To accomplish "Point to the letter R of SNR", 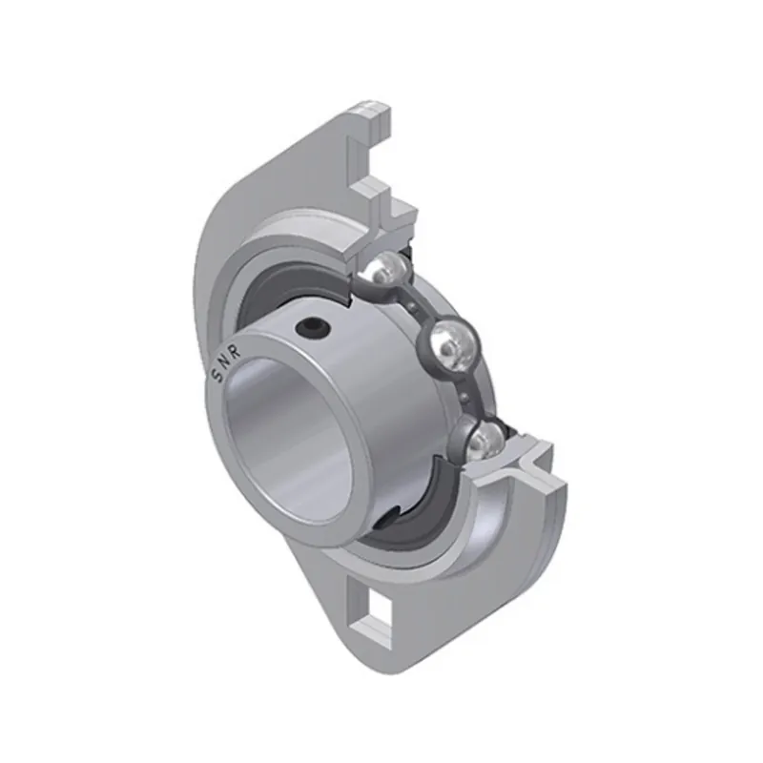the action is tap(235, 354).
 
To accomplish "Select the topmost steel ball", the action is tap(387, 271).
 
